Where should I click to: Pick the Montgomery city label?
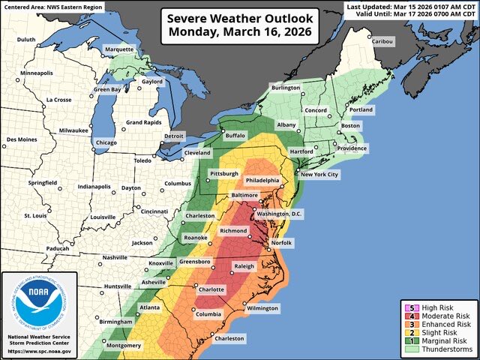tap(124, 345)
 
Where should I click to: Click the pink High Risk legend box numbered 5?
tap(408, 307)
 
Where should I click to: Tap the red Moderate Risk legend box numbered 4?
tap(408, 318)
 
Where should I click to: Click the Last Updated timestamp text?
tap(421, 6)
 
